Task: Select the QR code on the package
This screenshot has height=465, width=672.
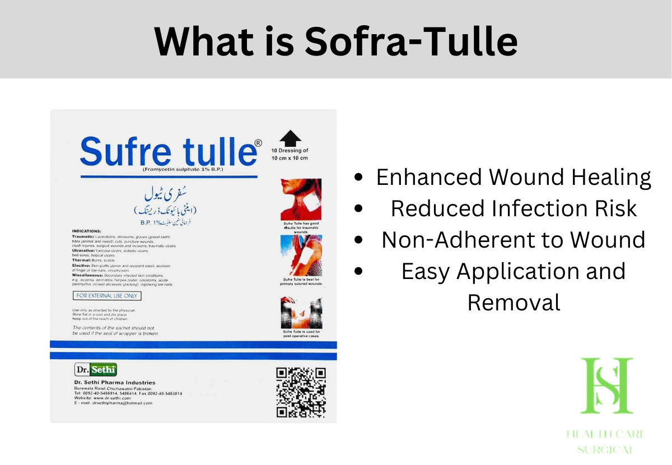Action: coord(301,392)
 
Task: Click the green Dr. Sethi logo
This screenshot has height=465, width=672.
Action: coord(96,369)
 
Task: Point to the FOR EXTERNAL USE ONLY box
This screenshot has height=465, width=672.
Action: coord(107,295)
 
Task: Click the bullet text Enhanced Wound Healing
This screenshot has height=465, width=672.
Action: coord(514,177)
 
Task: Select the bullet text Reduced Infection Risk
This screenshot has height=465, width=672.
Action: coord(514,208)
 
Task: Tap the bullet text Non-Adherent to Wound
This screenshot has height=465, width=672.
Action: coord(514,240)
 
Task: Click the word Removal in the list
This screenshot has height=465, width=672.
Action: coord(514,303)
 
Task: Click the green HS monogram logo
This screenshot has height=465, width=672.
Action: coord(606,386)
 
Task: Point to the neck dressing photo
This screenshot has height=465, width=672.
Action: coord(301,199)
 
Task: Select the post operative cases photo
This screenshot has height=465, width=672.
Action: coord(301,313)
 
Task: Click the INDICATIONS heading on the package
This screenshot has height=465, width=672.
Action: coord(86,231)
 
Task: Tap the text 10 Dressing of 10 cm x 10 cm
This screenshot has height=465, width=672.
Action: coord(290,155)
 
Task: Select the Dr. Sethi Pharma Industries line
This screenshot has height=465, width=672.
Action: coord(115,383)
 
